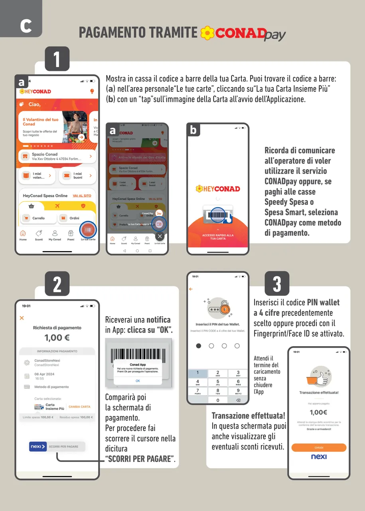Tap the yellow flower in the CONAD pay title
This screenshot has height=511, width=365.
coord(207,33)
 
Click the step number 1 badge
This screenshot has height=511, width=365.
coord(57,59)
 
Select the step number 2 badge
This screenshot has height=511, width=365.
coord(57,284)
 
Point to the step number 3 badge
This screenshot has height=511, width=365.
coord(277,284)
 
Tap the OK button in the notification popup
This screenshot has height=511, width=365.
coord(138,381)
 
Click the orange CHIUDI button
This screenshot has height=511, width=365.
coord(319,448)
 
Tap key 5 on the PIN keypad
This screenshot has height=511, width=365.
coord(218,382)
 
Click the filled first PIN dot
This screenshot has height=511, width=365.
coord(199,346)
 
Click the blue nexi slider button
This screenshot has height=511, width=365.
coord(38,446)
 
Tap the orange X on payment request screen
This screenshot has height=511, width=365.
coord(22,318)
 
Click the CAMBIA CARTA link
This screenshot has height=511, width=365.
coord(79,407)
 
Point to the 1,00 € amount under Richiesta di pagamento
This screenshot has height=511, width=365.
coord(57,338)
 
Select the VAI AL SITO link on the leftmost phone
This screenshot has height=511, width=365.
coord(82,196)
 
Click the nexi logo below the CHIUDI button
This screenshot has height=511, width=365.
coord(319,457)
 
